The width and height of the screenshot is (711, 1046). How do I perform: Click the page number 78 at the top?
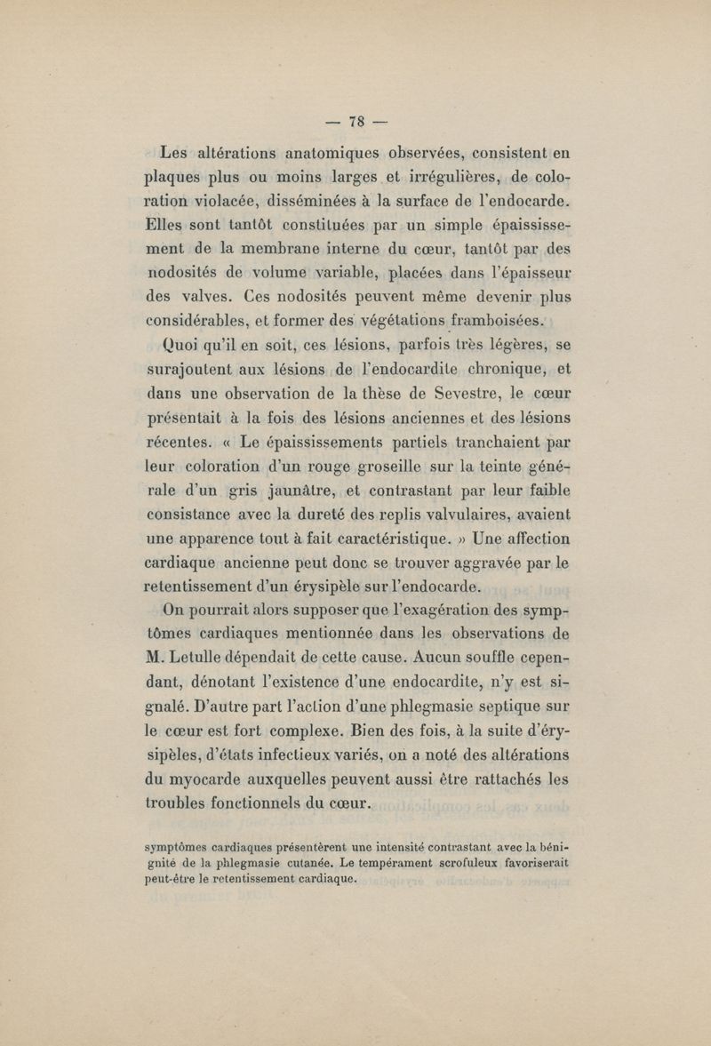[356, 122]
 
